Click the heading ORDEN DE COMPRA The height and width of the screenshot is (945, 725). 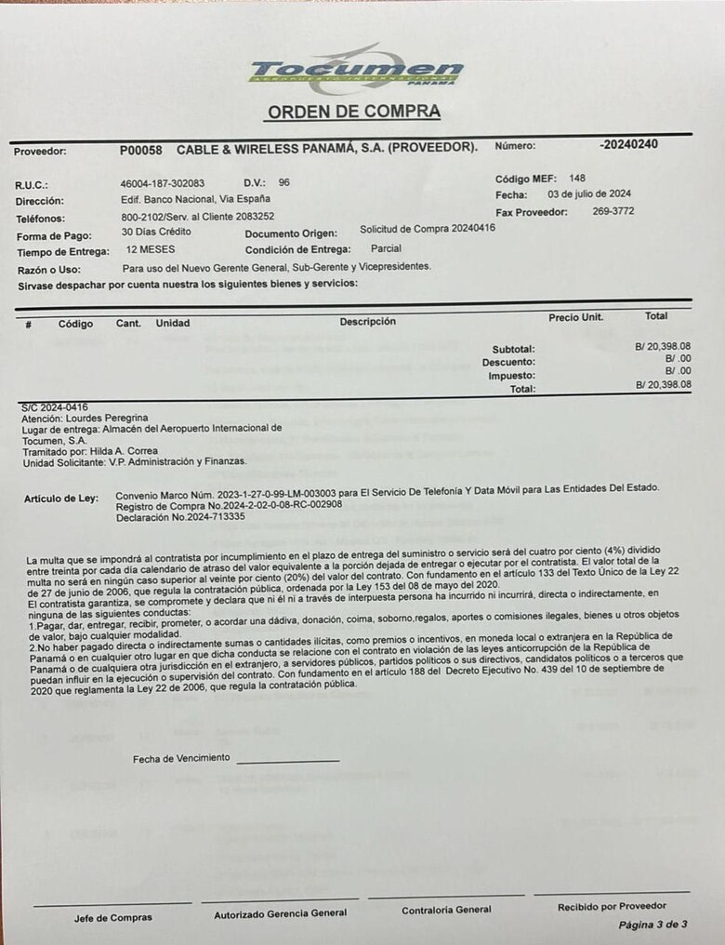click(x=354, y=113)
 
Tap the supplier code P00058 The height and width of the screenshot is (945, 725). click(x=140, y=149)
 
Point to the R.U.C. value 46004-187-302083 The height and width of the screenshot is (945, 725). click(x=163, y=183)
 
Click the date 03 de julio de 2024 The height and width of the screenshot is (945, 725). click(x=589, y=194)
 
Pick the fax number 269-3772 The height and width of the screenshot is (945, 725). click(x=613, y=212)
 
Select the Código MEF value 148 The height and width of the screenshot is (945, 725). click(x=577, y=178)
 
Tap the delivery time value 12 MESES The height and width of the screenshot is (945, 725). click(x=151, y=250)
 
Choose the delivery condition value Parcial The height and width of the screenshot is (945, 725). click(x=386, y=249)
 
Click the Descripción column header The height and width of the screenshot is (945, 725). click(x=367, y=322)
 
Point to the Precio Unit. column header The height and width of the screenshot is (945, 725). click(x=575, y=317)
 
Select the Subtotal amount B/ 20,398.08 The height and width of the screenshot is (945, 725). click(x=663, y=346)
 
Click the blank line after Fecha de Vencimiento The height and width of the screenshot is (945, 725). click(x=287, y=761)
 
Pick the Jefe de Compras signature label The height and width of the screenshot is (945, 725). click(x=112, y=918)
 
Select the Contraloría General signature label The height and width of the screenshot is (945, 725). click(x=446, y=910)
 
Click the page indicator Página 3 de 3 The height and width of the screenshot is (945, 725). click(x=652, y=925)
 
